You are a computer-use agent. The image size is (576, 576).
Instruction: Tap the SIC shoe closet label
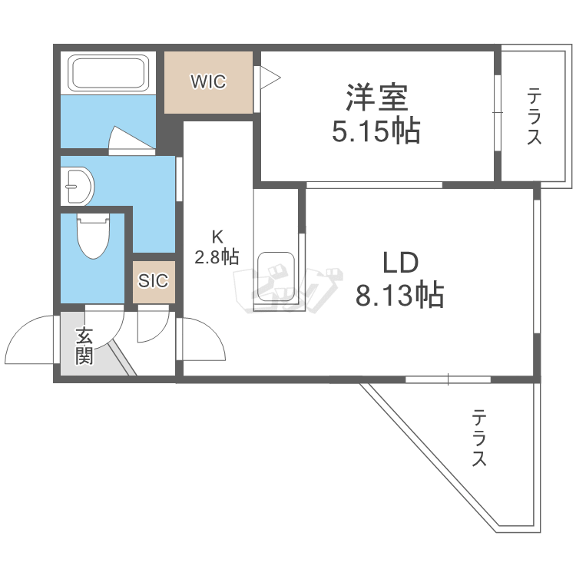coord(153,280)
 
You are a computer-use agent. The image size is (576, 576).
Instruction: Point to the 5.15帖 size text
coord(376,131)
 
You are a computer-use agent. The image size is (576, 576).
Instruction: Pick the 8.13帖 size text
coord(399,295)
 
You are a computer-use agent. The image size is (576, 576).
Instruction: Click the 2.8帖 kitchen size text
coord(216,257)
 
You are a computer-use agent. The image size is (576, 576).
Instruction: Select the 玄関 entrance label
coord(84,346)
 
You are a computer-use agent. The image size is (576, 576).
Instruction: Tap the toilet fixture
coord(92,236)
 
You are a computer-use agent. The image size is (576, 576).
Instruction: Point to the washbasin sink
coord(78,184)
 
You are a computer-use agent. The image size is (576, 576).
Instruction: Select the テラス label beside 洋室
coord(535,117)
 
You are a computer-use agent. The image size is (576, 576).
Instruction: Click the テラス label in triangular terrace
coord(479,439)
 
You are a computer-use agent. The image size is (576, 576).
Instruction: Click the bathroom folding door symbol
coord(126,138)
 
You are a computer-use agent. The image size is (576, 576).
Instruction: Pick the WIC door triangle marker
coord(269,76)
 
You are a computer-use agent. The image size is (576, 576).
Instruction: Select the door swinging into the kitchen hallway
coord(203,339)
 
